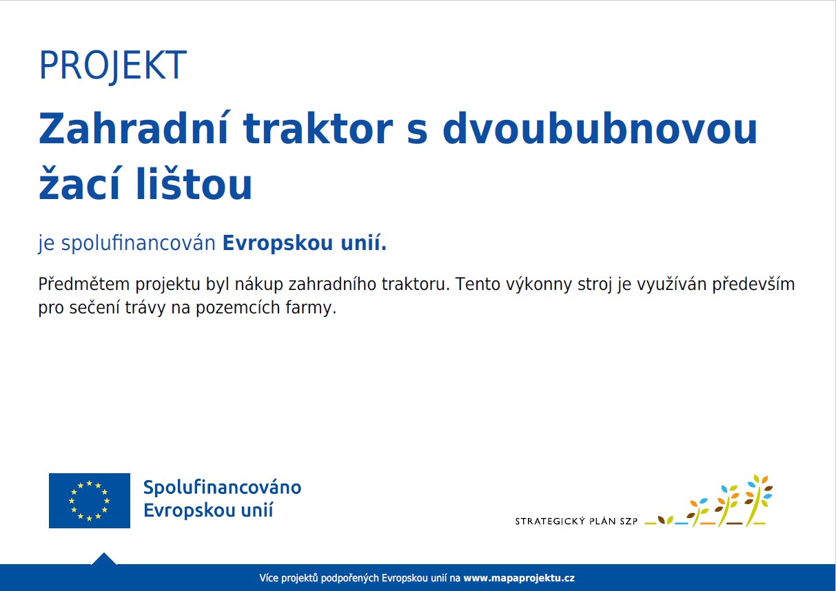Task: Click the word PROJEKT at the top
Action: (113, 66)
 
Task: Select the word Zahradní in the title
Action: (133, 128)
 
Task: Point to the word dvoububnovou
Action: (600, 129)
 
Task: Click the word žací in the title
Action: (79, 183)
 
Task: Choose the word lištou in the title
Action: (194, 183)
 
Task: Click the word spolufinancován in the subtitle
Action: (139, 244)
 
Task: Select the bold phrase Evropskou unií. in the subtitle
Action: (304, 243)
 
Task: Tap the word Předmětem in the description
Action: (83, 284)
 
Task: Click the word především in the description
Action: (753, 284)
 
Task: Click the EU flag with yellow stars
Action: (90, 500)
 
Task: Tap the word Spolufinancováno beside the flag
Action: (222, 488)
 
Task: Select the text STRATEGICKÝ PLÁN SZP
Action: (576, 521)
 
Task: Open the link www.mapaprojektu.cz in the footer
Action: (519, 579)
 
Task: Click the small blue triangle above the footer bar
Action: (104, 559)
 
